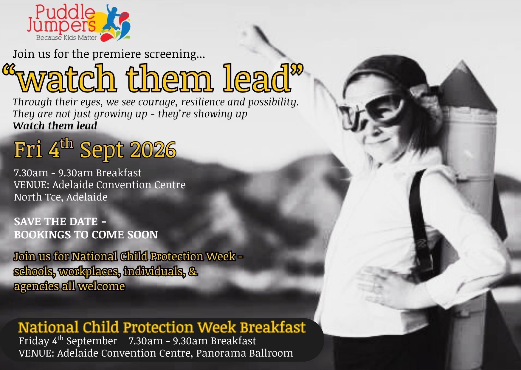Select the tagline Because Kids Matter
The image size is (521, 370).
click(x=66, y=38)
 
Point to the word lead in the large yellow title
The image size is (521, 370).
click(x=257, y=78)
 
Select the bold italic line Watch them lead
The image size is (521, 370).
click(x=55, y=126)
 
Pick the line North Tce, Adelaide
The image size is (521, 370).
click(x=61, y=197)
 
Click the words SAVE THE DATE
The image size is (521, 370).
click(x=56, y=222)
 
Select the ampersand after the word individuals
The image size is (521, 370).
click(x=193, y=272)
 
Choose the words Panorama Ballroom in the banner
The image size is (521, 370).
click(x=244, y=353)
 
